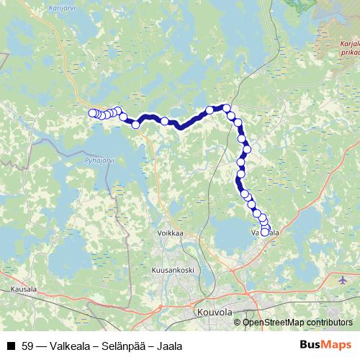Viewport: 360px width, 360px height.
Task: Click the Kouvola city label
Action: click(x=214, y=313)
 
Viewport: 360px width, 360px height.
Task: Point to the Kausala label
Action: click(x=24, y=289)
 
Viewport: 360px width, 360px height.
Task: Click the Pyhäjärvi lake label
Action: click(x=99, y=161)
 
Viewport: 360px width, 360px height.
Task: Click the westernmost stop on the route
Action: click(x=92, y=113)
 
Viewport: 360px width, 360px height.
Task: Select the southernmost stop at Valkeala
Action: click(x=265, y=232)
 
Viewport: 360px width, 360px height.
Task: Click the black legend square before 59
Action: click(x=10, y=346)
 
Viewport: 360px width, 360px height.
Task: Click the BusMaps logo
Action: click(x=325, y=346)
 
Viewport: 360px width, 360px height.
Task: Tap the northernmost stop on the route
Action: click(x=226, y=108)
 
